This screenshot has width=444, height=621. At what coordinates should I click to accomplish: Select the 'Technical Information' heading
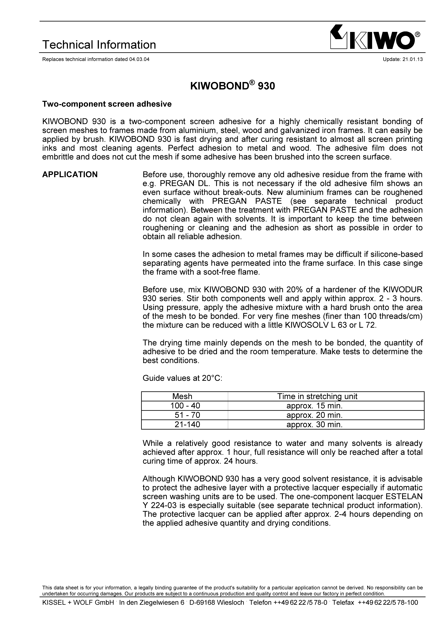(x=99, y=45)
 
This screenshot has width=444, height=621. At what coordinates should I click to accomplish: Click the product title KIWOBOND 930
(x=232, y=86)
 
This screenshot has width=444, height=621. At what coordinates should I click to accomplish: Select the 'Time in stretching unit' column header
(x=317, y=396)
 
